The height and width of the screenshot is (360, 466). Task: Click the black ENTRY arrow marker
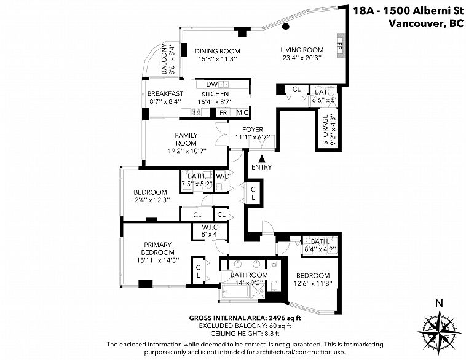[x=262, y=158]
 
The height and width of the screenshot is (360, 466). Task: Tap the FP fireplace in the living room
[x=340, y=45]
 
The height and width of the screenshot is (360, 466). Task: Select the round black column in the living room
[x=286, y=27]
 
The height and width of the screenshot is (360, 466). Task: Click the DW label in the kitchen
[x=212, y=84]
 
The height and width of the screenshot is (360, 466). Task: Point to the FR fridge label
[x=223, y=112]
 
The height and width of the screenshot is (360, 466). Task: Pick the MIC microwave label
[x=242, y=112]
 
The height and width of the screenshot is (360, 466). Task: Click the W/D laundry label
[x=223, y=176]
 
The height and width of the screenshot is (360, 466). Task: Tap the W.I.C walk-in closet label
[x=210, y=227]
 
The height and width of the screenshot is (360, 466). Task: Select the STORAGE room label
[x=325, y=130]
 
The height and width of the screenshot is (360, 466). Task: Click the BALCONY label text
[x=164, y=59]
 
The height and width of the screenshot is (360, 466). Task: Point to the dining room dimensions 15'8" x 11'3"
[x=217, y=59]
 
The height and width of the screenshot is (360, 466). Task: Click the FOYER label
[x=253, y=130]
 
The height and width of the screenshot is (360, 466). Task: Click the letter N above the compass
[x=439, y=303]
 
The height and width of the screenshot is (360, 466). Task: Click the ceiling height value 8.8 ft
[x=271, y=333]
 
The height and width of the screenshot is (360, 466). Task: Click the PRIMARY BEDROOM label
[x=157, y=248]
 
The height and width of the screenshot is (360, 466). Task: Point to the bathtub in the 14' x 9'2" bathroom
[x=237, y=292]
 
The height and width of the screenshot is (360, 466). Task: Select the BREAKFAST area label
[x=165, y=93]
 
